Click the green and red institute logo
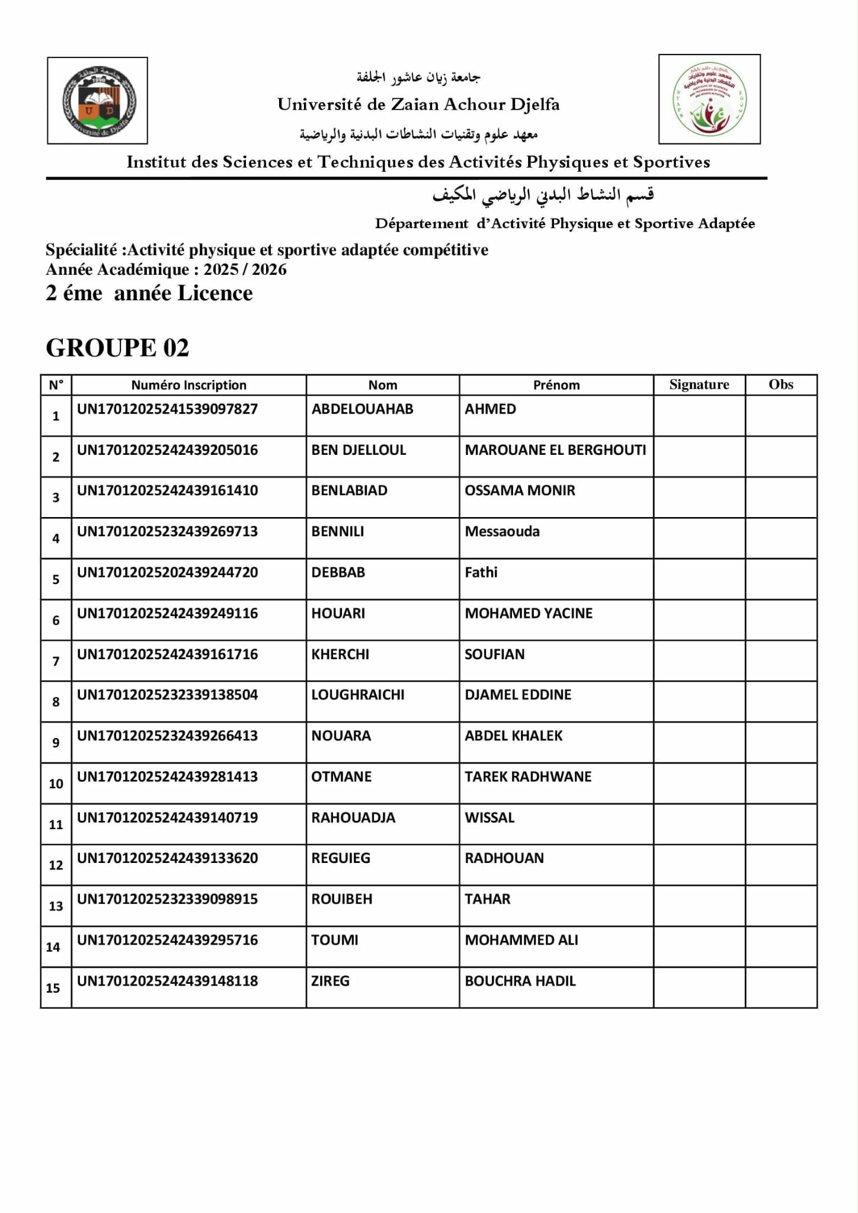pyautogui.click(x=709, y=100)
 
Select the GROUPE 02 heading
pyautogui.click(x=117, y=348)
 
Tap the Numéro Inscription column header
pyautogui.click(x=188, y=385)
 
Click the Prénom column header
pyautogui.click(x=556, y=385)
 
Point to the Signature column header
pyautogui.click(x=699, y=384)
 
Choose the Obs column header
pyautogui.click(x=780, y=384)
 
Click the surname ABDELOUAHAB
pyautogui.click(x=362, y=409)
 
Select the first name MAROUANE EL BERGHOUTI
pyautogui.click(x=555, y=450)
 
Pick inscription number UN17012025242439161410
pyautogui.click(x=167, y=490)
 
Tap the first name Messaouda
pyautogui.click(x=502, y=531)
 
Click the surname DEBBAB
pyautogui.click(x=338, y=572)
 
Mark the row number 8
pyautogui.click(x=56, y=702)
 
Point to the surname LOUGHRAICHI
pyautogui.click(x=358, y=695)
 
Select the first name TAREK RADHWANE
pyautogui.click(x=528, y=776)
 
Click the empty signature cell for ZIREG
pyautogui.click(x=699, y=987)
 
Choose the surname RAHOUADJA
pyautogui.click(x=353, y=817)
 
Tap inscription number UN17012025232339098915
pyautogui.click(x=167, y=899)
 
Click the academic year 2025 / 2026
pyautogui.click(x=245, y=269)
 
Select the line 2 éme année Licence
pyautogui.click(x=149, y=293)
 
